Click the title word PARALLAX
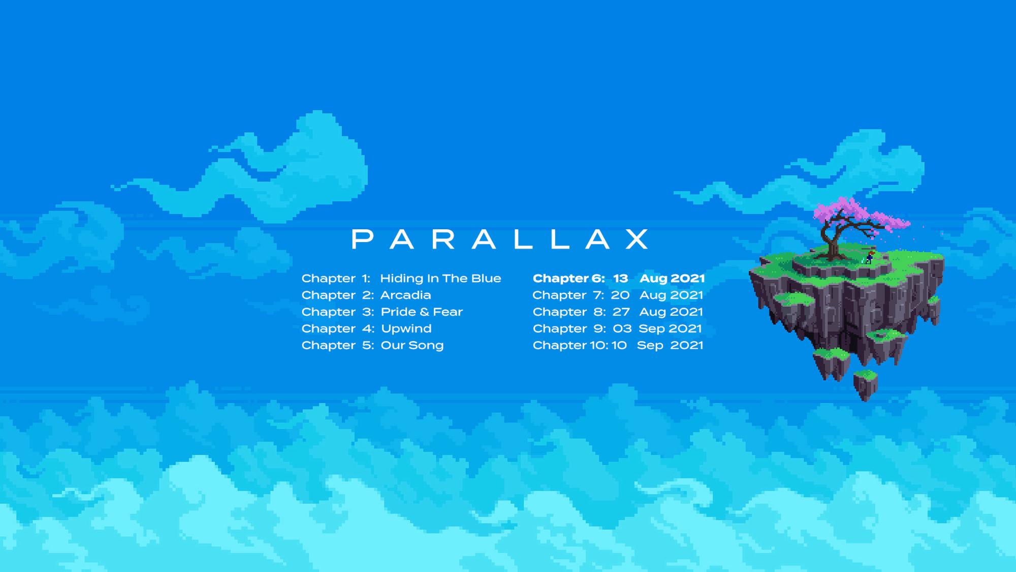[x=500, y=239]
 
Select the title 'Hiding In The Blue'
[x=440, y=279]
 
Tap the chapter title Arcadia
[x=405, y=295]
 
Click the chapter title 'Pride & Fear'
[x=422, y=312]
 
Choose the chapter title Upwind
[x=406, y=329]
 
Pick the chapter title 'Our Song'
[x=412, y=346]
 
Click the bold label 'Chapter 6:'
[x=568, y=279]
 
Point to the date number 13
[x=620, y=279]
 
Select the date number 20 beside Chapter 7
[x=620, y=295]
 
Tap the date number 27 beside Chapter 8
[x=621, y=312]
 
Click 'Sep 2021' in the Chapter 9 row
[x=670, y=329]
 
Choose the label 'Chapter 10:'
[x=570, y=345]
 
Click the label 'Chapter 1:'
[x=336, y=279]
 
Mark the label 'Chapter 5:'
[x=337, y=345]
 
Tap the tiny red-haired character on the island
[x=870, y=257]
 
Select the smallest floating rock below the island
[x=865, y=385]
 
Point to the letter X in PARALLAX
[x=637, y=239]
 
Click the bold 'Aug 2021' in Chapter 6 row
[x=672, y=279]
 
